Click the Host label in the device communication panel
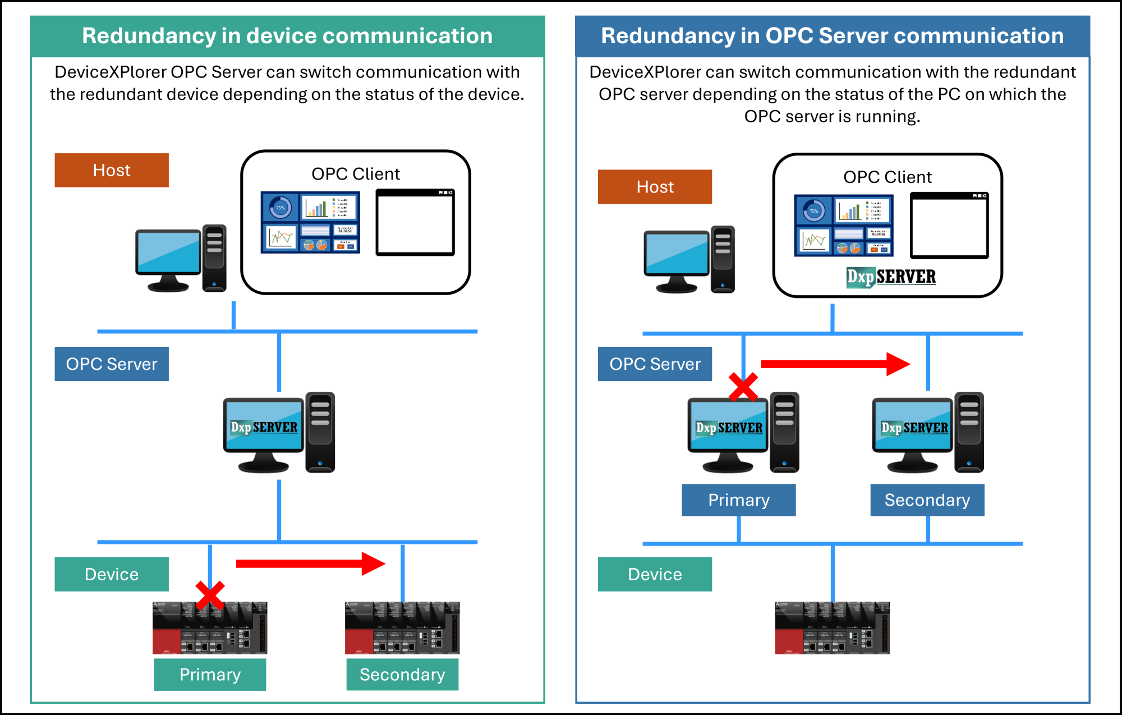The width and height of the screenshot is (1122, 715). click(112, 170)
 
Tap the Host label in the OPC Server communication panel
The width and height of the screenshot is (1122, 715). click(655, 187)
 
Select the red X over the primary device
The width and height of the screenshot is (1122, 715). click(210, 595)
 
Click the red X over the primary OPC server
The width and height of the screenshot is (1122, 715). click(743, 387)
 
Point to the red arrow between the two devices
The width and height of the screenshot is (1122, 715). click(310, 563)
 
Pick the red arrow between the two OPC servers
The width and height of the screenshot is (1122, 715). click(835, 364)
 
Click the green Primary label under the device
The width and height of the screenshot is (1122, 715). click(210, 675)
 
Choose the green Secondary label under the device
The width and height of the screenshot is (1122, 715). click(402, 675)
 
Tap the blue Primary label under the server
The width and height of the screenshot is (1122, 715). click(738, 500)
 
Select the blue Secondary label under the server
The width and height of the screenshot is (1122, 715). click(927, 500)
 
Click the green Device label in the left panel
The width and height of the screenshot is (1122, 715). click(112, 574)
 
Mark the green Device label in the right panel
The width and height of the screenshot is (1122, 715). click(655, 574)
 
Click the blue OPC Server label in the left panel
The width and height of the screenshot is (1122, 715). click(112, 364)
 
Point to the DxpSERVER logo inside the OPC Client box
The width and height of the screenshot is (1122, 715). click(891, 277)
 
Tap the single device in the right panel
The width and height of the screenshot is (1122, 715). click(832, 628)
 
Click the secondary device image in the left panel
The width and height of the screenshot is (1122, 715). click(402, 628)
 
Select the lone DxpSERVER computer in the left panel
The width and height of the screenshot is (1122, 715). click(279, 432)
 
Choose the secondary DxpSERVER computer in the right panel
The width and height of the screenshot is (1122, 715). click(927, 432)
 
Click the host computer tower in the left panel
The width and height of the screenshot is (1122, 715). click(214, 258)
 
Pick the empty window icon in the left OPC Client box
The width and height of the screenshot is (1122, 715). click(415, 223)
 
